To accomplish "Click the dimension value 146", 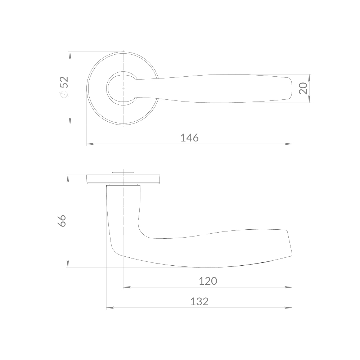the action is (x=189, y=138).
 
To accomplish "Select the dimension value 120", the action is (x=208, y=281).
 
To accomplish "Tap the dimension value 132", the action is (x=199, y=301).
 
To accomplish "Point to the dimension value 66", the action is (x=62, y=221).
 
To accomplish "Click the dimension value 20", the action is (x=303, y=88).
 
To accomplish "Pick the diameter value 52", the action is (x=64, y=82).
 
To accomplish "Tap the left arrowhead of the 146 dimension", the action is (x=90, y=144).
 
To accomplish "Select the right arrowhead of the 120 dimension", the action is (x=288, y=287).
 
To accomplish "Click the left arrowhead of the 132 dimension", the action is (x=110, y=308).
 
